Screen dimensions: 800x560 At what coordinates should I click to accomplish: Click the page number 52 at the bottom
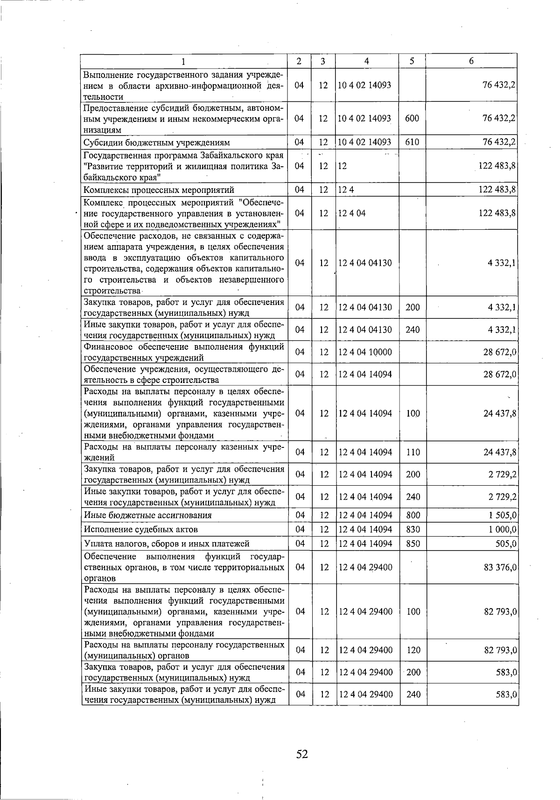[302, 754]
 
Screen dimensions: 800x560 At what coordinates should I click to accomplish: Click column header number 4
[367, 61]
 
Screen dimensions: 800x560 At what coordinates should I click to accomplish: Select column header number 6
[471, 61]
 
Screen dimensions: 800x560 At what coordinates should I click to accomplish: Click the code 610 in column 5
[412, 142]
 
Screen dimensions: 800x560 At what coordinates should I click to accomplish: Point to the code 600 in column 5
[412, 119]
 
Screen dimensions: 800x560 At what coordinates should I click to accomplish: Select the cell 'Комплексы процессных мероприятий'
[159, 190]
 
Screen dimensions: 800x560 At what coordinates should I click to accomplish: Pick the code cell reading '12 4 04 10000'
[365, 352]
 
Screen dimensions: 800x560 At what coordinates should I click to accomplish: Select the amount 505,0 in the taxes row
[506, 544]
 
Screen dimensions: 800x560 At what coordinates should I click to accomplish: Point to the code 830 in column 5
[413, 529]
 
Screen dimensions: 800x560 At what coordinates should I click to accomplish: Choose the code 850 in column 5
[413, 544]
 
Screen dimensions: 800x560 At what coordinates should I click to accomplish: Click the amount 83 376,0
[500, 567]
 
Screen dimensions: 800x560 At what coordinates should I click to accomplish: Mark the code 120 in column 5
[413, 650]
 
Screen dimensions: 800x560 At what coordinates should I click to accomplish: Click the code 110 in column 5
[413, 452]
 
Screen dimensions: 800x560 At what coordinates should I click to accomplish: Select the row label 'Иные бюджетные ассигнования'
[147, 515]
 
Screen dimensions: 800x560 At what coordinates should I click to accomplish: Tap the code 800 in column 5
[413, 515]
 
